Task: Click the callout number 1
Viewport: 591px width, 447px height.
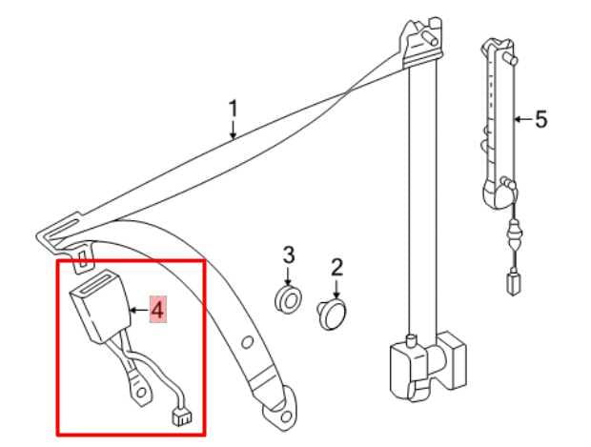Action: pyautogui.click(x=234, y=109)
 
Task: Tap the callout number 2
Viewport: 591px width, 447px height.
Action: pyautogui.click(x=336, y=267)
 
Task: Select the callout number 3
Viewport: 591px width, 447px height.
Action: pyautogui.click(x=288, y=255)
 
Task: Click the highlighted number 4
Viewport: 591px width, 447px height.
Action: pyautogui.click(x=157, y=310)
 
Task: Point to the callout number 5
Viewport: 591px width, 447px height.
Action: pyautogui.click(x=540, y=119)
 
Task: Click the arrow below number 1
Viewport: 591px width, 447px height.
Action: pyautogui.click(x=234, y=130)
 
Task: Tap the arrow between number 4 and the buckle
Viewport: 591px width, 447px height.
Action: pyautogui.click(x=138, y=311)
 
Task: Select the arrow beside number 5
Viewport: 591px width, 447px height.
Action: pyautogui.click(x=523, y=119)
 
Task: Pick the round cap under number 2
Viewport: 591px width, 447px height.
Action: pyautogui.click(x=332, y=315)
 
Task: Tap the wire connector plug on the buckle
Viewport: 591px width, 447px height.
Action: pyautogui.click(x=181, y=417)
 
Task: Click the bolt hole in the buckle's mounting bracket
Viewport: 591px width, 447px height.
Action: pyautogui.click(x=140, y=393)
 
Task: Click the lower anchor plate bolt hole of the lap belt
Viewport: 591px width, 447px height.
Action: pyautogui.click(x=287, y=417)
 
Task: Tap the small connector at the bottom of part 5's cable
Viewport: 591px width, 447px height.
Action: pyautogui.click(x=514, y=282)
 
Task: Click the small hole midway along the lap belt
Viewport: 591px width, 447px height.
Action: pyautogui.click(x=247, y=342)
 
